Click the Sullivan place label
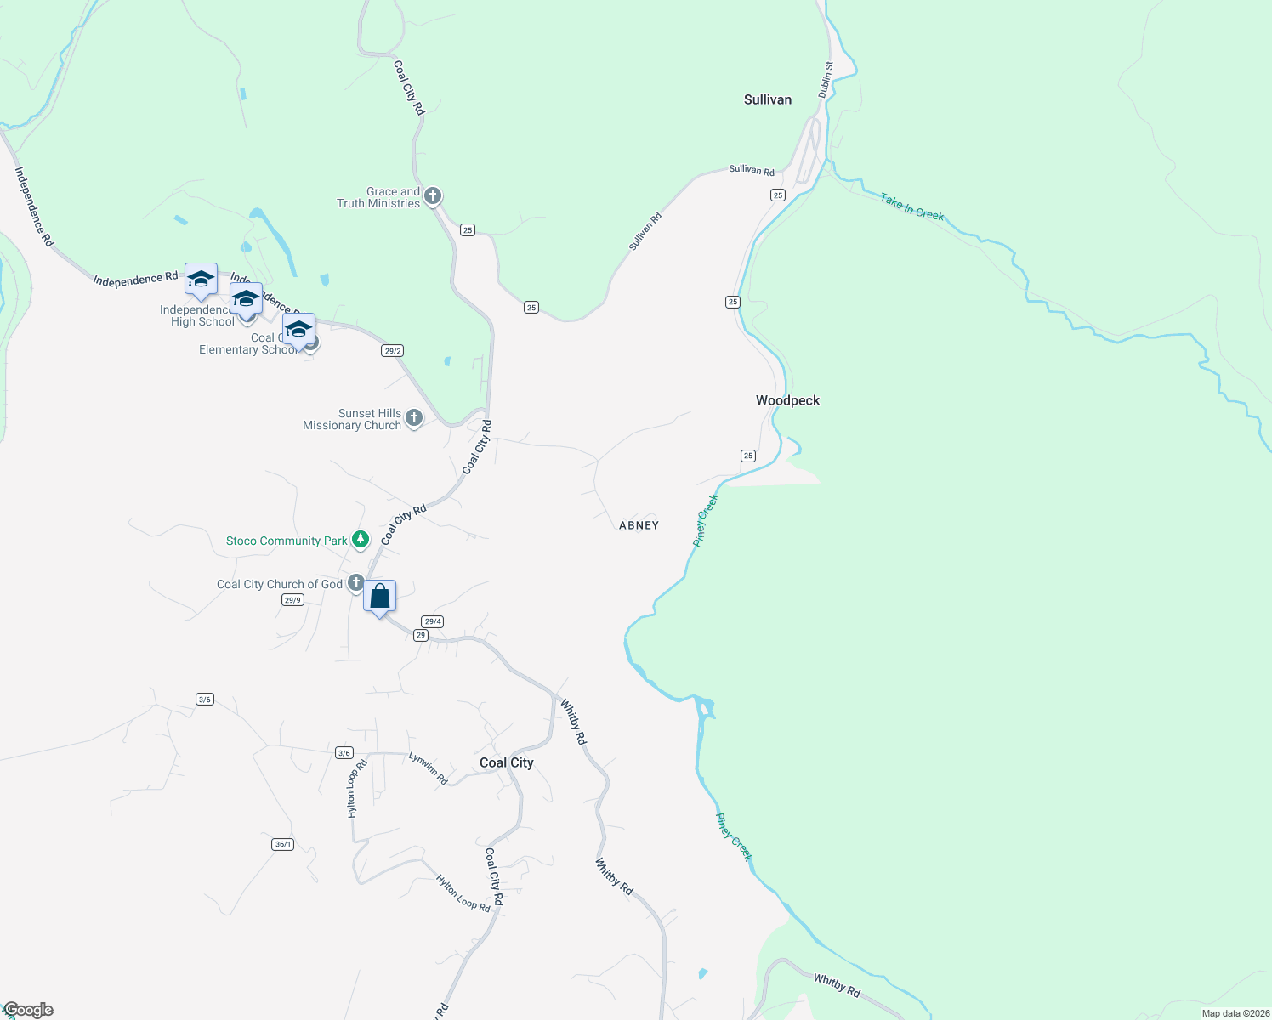click(x=767, y=99)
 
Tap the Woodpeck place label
click(x=787, y=400)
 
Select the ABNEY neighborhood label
click(x=639, y=525)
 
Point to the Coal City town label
click(x=506, y=762)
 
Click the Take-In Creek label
click(x=911, y=207)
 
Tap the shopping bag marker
click(x=380, y=597)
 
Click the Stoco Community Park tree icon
click(x=361, y=539)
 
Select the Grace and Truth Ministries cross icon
click(x=433, y=196)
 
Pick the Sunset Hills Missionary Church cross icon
click(x=414, y=417)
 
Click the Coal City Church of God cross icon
click(x=356, y=583)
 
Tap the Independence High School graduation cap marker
click(x=201, y=280)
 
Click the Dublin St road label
click(x=826, y=79)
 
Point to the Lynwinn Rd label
click(x=428, y=768)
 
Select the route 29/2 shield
click(x=392, y=351)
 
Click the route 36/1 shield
click(x=283, y=844)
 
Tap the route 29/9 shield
click(x=292, y=600)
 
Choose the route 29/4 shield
click(x=433, y=621)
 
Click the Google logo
click(x=28, y=1010)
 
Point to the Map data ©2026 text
click(x=1235, y=1013)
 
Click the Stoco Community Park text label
click(x=287, y=541)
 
